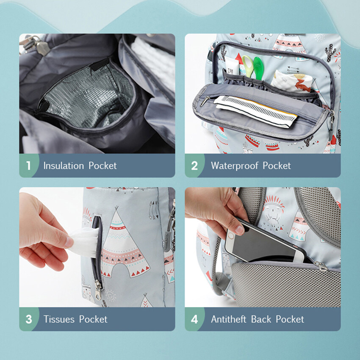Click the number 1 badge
28,166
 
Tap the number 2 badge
194,166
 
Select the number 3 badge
29,319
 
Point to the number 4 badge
194,319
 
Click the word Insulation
64,166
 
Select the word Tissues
59,319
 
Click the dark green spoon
258,68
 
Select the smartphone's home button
230,236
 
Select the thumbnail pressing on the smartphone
239,230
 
